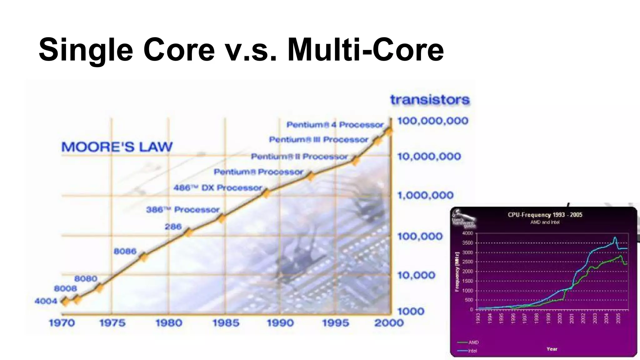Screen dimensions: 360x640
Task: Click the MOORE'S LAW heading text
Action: (x=117, y=147)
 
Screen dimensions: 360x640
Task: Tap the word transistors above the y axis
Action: (x=430, y=100)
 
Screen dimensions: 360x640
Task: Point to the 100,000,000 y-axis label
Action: (x=432, y=121)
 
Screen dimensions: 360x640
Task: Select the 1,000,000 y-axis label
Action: (x=425, y=196)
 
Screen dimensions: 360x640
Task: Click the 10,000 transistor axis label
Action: (x=416, y=275)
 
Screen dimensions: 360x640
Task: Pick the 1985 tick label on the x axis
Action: (x=226, y=323)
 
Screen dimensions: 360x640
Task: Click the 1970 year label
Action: (x=62, y=323)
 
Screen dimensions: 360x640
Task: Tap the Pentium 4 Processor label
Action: (x=335, y=125)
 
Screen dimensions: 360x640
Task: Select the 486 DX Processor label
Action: (x=218, y=188)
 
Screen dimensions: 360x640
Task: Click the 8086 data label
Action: (x=125, y=251)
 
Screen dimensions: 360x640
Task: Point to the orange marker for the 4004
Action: (x=65, y=302)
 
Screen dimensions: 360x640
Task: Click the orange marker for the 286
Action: (x=187, y=232)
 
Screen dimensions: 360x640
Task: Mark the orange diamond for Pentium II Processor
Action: (x=355, y=161)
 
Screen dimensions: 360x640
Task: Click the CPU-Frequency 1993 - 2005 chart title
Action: (x=545, y=215)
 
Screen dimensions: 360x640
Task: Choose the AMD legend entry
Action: (x=469, y=342)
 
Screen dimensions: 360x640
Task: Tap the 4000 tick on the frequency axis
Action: (x=467, y=233)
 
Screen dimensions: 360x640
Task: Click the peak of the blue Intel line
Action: (x=615, y=237)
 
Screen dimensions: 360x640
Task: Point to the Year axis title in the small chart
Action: (x=552, y=349)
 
